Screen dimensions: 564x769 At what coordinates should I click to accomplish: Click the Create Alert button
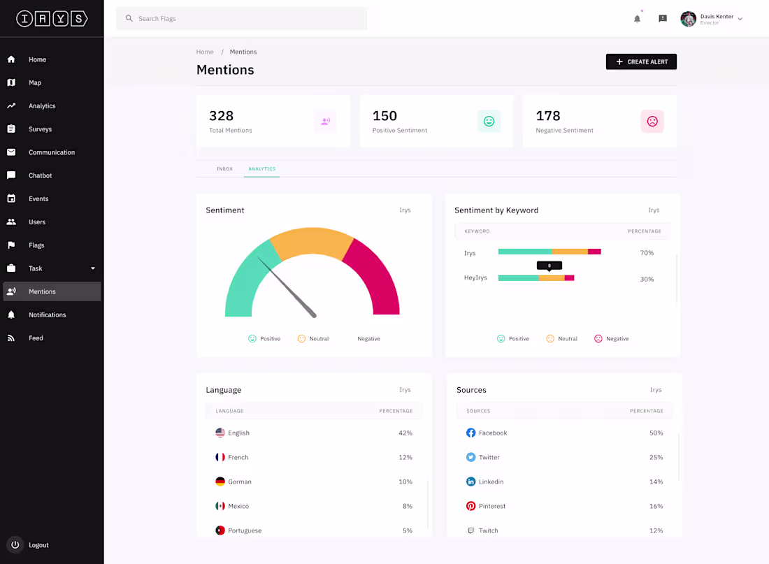click(641, 62)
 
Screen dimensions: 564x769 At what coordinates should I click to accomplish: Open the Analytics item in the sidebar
click(42, 106)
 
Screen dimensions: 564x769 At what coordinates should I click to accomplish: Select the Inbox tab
click(224, 169)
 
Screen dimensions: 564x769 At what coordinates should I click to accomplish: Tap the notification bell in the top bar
click(637, 19)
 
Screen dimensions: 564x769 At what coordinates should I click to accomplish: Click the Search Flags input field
click(241, 19)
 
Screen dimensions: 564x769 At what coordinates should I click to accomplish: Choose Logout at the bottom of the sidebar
click(38, 545)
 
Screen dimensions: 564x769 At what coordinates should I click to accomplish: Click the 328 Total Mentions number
click(221, 116)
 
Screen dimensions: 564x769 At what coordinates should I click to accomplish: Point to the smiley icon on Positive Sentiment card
click(489, 122)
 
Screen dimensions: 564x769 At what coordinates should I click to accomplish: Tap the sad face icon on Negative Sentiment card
click(652, 122)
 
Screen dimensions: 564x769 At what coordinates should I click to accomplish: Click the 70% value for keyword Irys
click(647, 253)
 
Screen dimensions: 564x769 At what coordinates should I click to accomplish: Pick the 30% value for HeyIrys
click(647, 280)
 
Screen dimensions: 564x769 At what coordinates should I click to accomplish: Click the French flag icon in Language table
click(220, 457)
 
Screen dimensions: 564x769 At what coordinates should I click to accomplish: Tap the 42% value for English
click(405, 433)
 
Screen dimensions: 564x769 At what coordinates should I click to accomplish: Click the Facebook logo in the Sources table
click(470, 433)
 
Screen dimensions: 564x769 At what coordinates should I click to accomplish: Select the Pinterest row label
click(492, 506)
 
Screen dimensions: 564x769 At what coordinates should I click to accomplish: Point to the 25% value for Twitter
click(656, 458)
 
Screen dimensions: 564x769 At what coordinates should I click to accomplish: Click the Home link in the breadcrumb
click(205, 52)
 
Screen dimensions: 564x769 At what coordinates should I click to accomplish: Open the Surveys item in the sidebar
click(40, 129)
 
